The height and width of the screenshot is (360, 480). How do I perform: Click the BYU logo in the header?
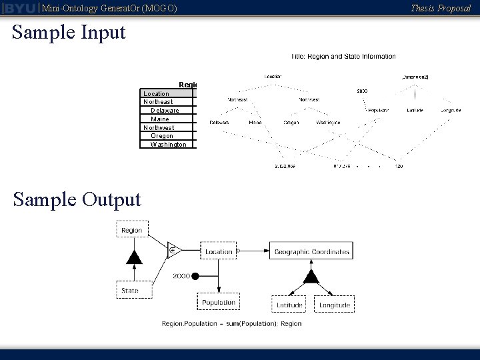point(19,8)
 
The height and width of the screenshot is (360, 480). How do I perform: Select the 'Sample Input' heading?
point(69,32)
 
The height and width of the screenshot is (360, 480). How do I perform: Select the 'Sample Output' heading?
point(77,199)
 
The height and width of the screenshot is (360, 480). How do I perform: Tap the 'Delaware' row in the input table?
point(165,111)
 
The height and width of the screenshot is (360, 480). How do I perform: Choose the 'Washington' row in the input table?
point(167,145)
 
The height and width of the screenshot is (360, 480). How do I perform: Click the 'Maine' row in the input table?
point(160,119)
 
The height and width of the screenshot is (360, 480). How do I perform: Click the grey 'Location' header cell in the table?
point(157,94)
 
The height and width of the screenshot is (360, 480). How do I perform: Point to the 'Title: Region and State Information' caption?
point(343,57)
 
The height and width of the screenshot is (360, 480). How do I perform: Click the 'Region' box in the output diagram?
point(131,230)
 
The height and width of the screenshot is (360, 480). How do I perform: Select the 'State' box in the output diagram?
point(130,290)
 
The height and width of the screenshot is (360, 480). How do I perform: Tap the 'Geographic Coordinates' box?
point(311,252)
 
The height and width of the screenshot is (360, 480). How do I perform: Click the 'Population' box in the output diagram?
point(219,303)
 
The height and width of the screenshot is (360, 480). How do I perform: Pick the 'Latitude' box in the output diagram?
point(289,305)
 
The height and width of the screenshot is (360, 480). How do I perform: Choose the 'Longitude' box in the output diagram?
point(334,305)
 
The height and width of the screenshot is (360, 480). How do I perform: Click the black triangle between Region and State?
point(134,257)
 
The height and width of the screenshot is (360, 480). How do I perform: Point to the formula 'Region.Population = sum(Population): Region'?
point(231,324)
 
